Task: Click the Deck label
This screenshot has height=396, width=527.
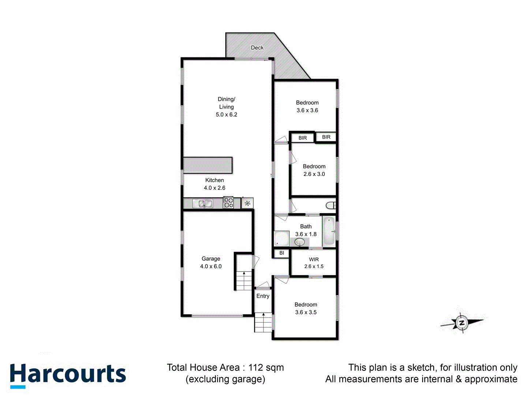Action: point(257,48)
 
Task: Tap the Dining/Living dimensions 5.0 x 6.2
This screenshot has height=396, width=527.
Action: point(227,115)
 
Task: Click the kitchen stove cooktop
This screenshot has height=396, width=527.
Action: point(229,203)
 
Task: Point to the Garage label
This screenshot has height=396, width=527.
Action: point(211,259)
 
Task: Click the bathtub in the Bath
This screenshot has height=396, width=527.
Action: point(329,231)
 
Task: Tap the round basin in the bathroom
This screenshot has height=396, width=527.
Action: point(300,242)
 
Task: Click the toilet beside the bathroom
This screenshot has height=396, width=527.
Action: point(331,205)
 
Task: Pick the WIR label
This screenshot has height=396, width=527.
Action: point(314,260)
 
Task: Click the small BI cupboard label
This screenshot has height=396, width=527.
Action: point(282,253)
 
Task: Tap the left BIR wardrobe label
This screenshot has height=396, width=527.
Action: point(303,138)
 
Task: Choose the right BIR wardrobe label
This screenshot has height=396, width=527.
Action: point(326,137)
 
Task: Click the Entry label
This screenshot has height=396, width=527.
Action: point(263,296)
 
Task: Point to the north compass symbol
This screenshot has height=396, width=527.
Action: point(462,323)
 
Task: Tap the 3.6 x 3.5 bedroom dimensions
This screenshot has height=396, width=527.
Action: point(306,312)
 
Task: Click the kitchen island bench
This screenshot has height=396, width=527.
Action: point(208,165)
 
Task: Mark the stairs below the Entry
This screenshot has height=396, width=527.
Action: point(263,323)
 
